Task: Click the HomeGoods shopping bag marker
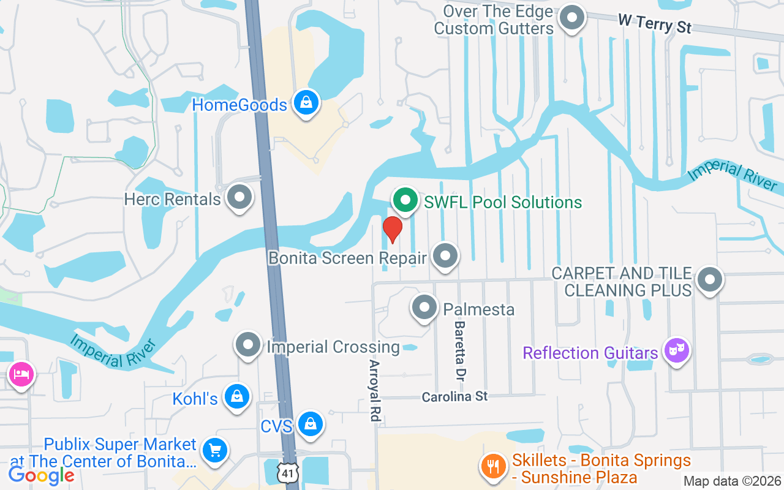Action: (306, 103)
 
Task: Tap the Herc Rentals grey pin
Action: (239, 198)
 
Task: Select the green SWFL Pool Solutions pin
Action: (405, 200)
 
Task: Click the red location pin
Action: (392, 229)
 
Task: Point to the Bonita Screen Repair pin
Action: (445, 257)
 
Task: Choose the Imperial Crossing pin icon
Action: (248, 345)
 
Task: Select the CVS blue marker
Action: (311, 424)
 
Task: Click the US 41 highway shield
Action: (286, 472)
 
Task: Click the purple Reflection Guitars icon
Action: (676, 352)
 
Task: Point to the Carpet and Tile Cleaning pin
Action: (710, 281)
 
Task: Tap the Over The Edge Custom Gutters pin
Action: (572, 18)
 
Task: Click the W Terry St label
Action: (654, 24)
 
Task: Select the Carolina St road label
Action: (454, 397)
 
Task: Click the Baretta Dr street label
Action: (460, 349)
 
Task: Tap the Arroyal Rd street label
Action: (374, 390)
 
